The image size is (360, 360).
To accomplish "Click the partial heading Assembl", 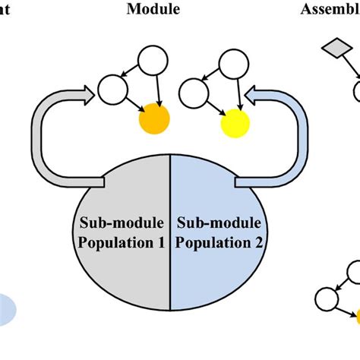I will point(334,11).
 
